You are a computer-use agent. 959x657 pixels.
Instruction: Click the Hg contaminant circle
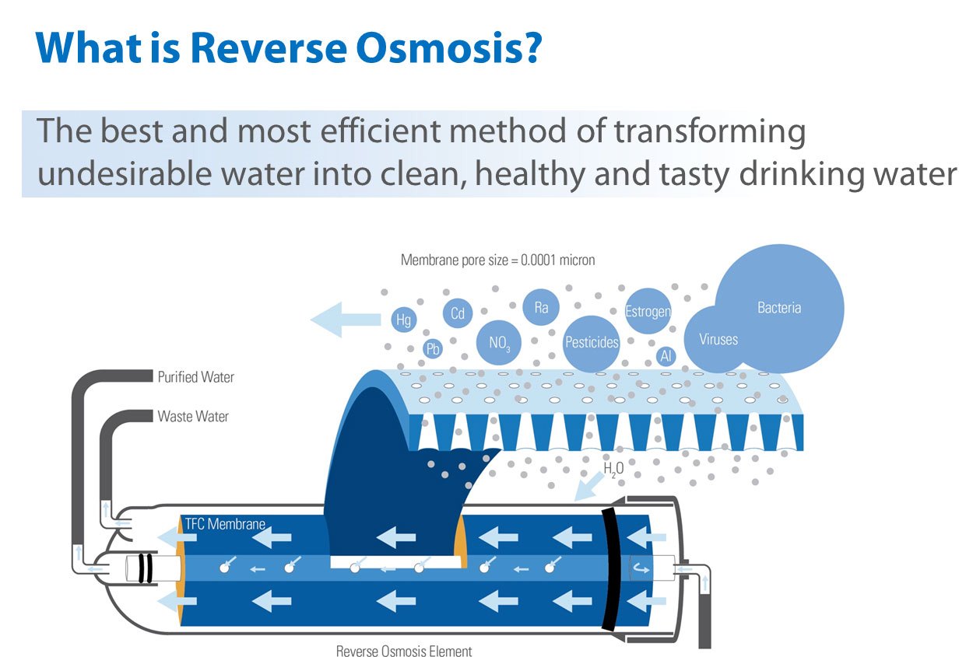click(x=403, y=320)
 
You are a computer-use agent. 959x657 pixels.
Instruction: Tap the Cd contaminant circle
click(x=458, y=313)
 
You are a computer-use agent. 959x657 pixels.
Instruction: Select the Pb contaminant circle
click(x=434, y=349)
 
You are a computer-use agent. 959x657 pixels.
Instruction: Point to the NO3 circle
click(x=499, y=343)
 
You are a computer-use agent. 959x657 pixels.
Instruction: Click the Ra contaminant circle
click(x=541, y=307)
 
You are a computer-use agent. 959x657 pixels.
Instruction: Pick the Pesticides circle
click(x=592, y=342)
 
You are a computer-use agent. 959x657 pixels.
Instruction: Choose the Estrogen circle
click(x=648, y=312)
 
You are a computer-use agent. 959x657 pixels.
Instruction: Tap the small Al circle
click(x=666, y=356)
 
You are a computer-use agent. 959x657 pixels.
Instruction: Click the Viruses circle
click(x=718, y=339)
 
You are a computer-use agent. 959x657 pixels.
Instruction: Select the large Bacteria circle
click(x=779, y=308)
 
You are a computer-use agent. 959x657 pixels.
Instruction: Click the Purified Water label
click(x=195, y=377)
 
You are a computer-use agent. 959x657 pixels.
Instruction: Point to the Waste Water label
click(x=193, y=417)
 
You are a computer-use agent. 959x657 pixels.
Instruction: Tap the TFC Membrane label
click(x=225, y=524)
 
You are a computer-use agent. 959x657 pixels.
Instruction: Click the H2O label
click(x=613, y=469)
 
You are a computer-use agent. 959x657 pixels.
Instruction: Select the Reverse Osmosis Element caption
click(x=404, y=651)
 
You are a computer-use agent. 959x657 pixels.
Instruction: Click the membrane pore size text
click(x=497, y=260)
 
